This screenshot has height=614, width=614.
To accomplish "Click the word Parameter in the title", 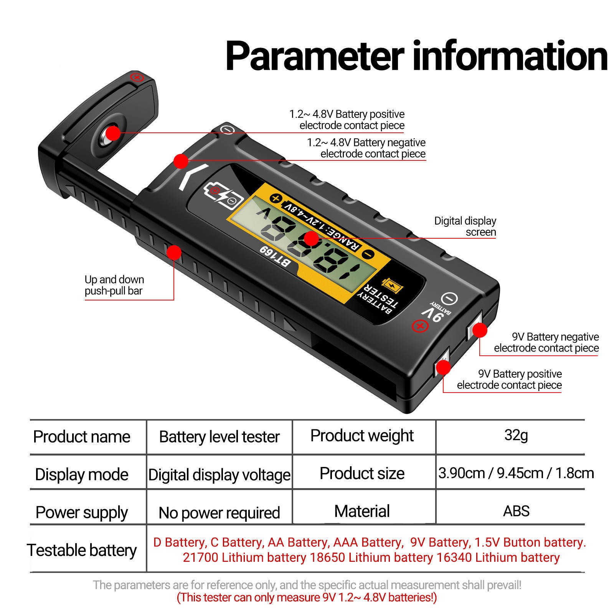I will click(x=315, y=56).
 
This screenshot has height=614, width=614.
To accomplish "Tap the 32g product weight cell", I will click(x=516, y=436).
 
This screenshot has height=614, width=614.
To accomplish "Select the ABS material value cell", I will click(x=516, y=511).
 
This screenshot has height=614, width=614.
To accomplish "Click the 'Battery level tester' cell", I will click(x=219, y=437).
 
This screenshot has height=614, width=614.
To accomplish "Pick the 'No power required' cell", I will click(x=219, y=513).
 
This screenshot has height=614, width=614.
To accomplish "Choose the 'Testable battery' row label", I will click(x=82, y=550).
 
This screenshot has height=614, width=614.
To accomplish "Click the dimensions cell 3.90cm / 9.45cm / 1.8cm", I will click(x=516, y=473).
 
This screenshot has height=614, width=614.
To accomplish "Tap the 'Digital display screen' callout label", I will click(x=465, y=226).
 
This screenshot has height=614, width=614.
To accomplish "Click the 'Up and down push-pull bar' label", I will click(x=114, y=285).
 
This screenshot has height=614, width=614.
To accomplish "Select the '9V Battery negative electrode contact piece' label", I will click(x=546, y=342).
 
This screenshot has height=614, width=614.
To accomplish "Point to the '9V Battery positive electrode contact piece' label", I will click(x=509, y=379).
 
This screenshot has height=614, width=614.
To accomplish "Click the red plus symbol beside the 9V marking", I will click(x=419, y=327).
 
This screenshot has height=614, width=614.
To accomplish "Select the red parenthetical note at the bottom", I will click(x=307, y=597).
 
